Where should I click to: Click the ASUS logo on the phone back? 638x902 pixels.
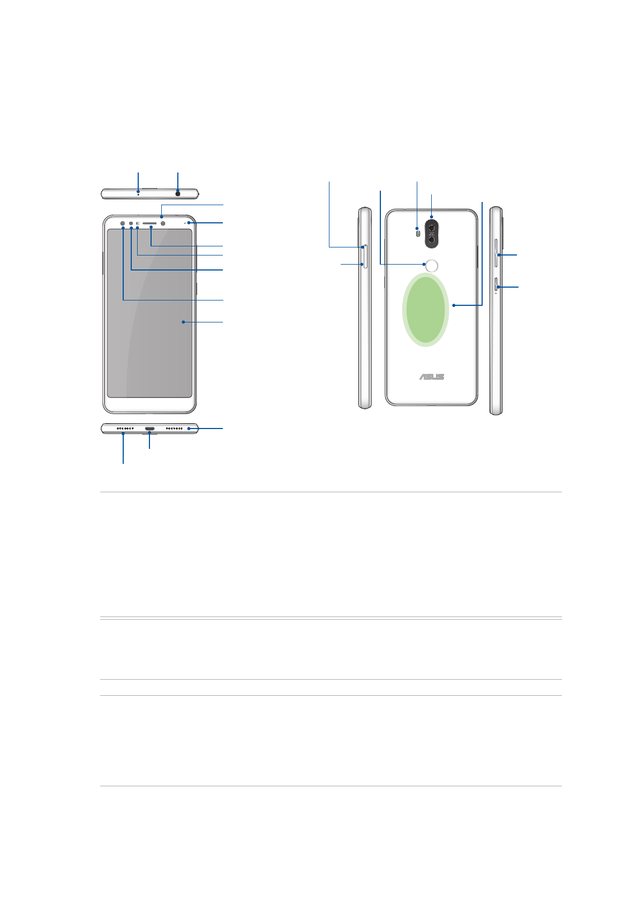pyautogui.click(x=431, y=377)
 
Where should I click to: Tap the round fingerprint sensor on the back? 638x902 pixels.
pyautogui.click(x=432, y=266)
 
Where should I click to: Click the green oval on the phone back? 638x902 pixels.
pyautogui.click(x=425, y=310)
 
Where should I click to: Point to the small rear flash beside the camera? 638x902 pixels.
pyautogui.click(x=418, y=234)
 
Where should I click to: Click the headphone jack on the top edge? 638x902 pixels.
pyautogui.click(x=178, y=194)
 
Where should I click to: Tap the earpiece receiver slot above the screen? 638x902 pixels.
pyautogui.click(x=149, y=223)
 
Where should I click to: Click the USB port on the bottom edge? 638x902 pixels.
pyautogui.click(x=150, y=429)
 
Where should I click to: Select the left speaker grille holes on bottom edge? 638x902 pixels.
pyautogui.click(x=125, y=429)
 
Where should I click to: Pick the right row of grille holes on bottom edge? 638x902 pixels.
pyautogui.click(x=174, y=429)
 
